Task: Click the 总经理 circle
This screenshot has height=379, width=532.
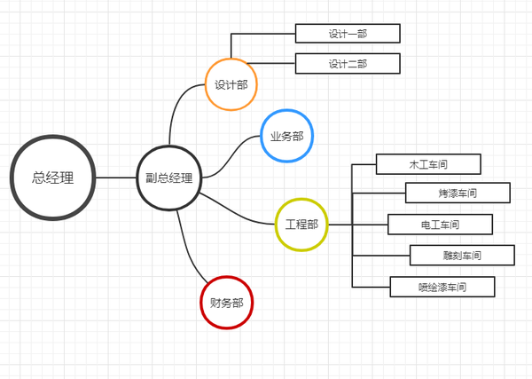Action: (52, 178)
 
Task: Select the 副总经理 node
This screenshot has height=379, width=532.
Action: (168, 178)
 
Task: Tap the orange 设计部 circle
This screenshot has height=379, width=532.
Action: (231, 85)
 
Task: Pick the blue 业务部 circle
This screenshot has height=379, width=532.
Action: (286, 136)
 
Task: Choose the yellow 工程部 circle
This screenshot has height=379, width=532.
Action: (301, 224)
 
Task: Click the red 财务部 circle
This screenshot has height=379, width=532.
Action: (226, 302)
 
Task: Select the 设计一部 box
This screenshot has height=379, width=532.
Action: (348, 34)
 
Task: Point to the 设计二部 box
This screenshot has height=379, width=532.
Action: (348, 63)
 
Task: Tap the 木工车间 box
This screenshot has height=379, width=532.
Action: (428, 164)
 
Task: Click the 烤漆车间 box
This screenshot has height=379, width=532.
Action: (458, 193)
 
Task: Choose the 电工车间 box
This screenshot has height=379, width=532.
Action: (440, 224)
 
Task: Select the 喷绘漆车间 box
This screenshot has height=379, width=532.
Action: (442, 287)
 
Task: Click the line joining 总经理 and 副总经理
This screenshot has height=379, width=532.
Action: (114, 178)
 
